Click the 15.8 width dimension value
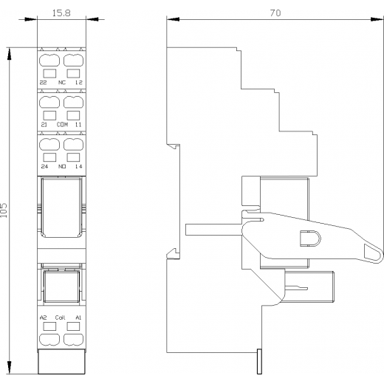tap(61, 13)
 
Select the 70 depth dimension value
tap(275, 13)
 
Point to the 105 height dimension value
tap(4, 210)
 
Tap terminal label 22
tap(43, 83)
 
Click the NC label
tap(62, 83)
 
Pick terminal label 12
tap(79, 83)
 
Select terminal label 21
tap(44, 125)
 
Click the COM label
tap(62, 125)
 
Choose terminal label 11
tap(78, 125)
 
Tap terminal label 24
tap(44, 167)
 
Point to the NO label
tap(62, 167)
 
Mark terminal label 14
tap(79, 167)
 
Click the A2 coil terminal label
tap(43, 318)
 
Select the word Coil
tap(60, 318)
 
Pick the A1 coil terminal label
tap(78, 318)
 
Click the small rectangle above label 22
tap(49, 73)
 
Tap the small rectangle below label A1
tap(73, 326)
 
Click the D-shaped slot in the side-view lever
tap(310, 239)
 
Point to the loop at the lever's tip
tap(374, 253)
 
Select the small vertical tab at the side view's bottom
tap(259, 361)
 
